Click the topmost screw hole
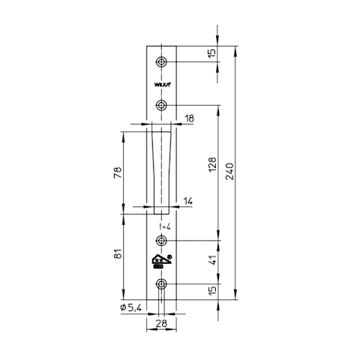(x=161, y=61)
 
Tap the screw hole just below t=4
(x=161, y=241)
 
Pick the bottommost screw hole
(x=161, y=284)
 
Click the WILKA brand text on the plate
(x=162, y=85)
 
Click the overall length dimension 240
(x=229, y=172)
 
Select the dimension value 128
(x=212, y=164)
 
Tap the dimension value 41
(x=212, y=260)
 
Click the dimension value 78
(x=118, y=172)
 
